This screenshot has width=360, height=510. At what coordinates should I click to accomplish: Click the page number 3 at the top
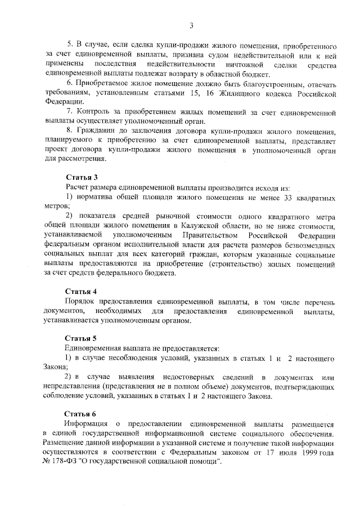[x=191, y=25]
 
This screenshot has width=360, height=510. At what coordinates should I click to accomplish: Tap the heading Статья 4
[x=82, y=291]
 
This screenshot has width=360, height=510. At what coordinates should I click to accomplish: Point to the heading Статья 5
[x=82, y=338]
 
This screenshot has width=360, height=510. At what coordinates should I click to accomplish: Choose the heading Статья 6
[x=82, y=413]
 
